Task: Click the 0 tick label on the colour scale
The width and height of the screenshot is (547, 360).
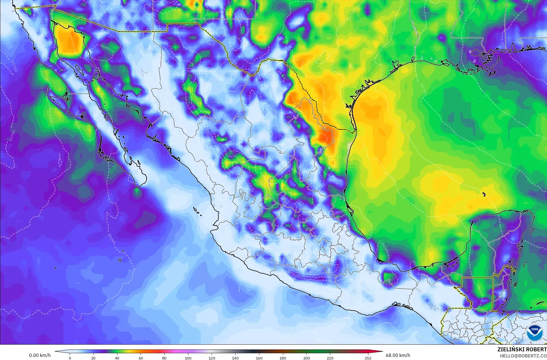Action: tap(70, 358)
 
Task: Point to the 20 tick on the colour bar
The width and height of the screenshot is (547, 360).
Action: tap(93, 358)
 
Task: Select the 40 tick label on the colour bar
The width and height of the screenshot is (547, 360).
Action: tap(117, 358)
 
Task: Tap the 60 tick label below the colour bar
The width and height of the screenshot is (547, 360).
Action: tap(141, 358)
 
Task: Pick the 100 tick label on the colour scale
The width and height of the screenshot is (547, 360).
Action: tap(188, 358)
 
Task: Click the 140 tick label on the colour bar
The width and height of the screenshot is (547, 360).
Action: tap(235, 358)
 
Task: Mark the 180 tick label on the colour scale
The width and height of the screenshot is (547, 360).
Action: tap(283, 358)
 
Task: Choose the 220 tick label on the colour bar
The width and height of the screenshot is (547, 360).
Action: tap(330, 358)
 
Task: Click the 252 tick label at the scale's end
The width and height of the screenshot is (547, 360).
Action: tap(368, 358)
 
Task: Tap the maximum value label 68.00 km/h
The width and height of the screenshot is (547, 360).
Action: tap(398, 355)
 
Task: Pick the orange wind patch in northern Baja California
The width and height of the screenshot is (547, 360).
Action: tap(69, 41)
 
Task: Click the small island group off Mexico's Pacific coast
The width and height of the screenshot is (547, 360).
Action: tap(197, 210)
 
